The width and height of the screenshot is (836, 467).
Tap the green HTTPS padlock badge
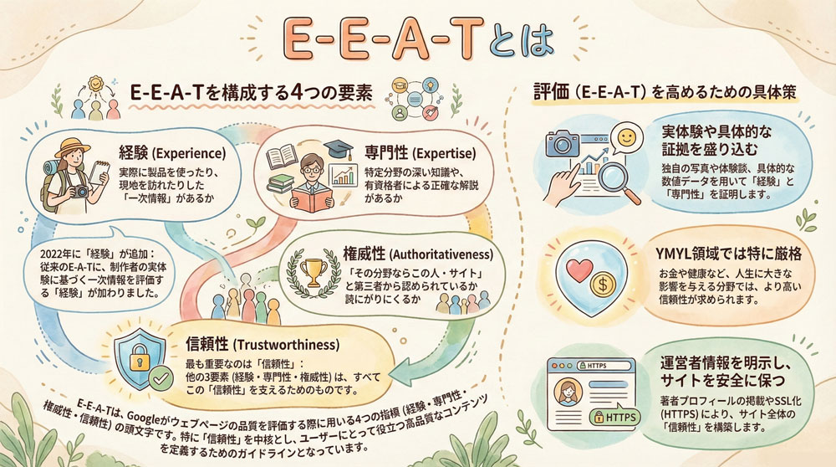(x=614, y=415)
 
